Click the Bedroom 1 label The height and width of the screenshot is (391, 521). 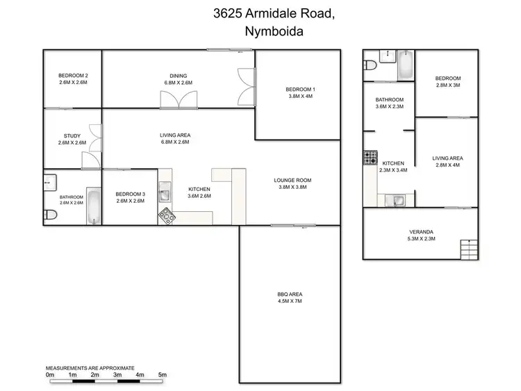pyautogui.click(x=300, y=92)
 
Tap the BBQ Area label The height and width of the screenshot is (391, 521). pyautogui.click(x=290, y=297)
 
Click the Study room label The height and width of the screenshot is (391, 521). pyautogui.click(x=72, y=139)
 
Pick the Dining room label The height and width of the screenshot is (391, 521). pyautogui.click(x=179, y=79)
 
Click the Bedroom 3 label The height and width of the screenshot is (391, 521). pyautogui.click(x=130, y=197)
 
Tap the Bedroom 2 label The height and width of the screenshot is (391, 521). pyautogui.click(x=72, y=78)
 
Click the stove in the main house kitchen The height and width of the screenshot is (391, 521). pyautogui.click(x=167, y=215)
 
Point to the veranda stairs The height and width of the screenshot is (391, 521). pyautogui.click(x=470, y=247)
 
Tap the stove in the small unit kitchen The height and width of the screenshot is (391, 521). pyautogui.click(x=370, y=158)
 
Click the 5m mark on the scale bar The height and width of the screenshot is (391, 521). pyautogui.click(x=163, y=375)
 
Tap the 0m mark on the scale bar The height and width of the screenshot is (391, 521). pyautogui.click(x=50, y=375)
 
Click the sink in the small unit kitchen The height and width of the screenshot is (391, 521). pyautogui.click(x=397, y=201)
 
